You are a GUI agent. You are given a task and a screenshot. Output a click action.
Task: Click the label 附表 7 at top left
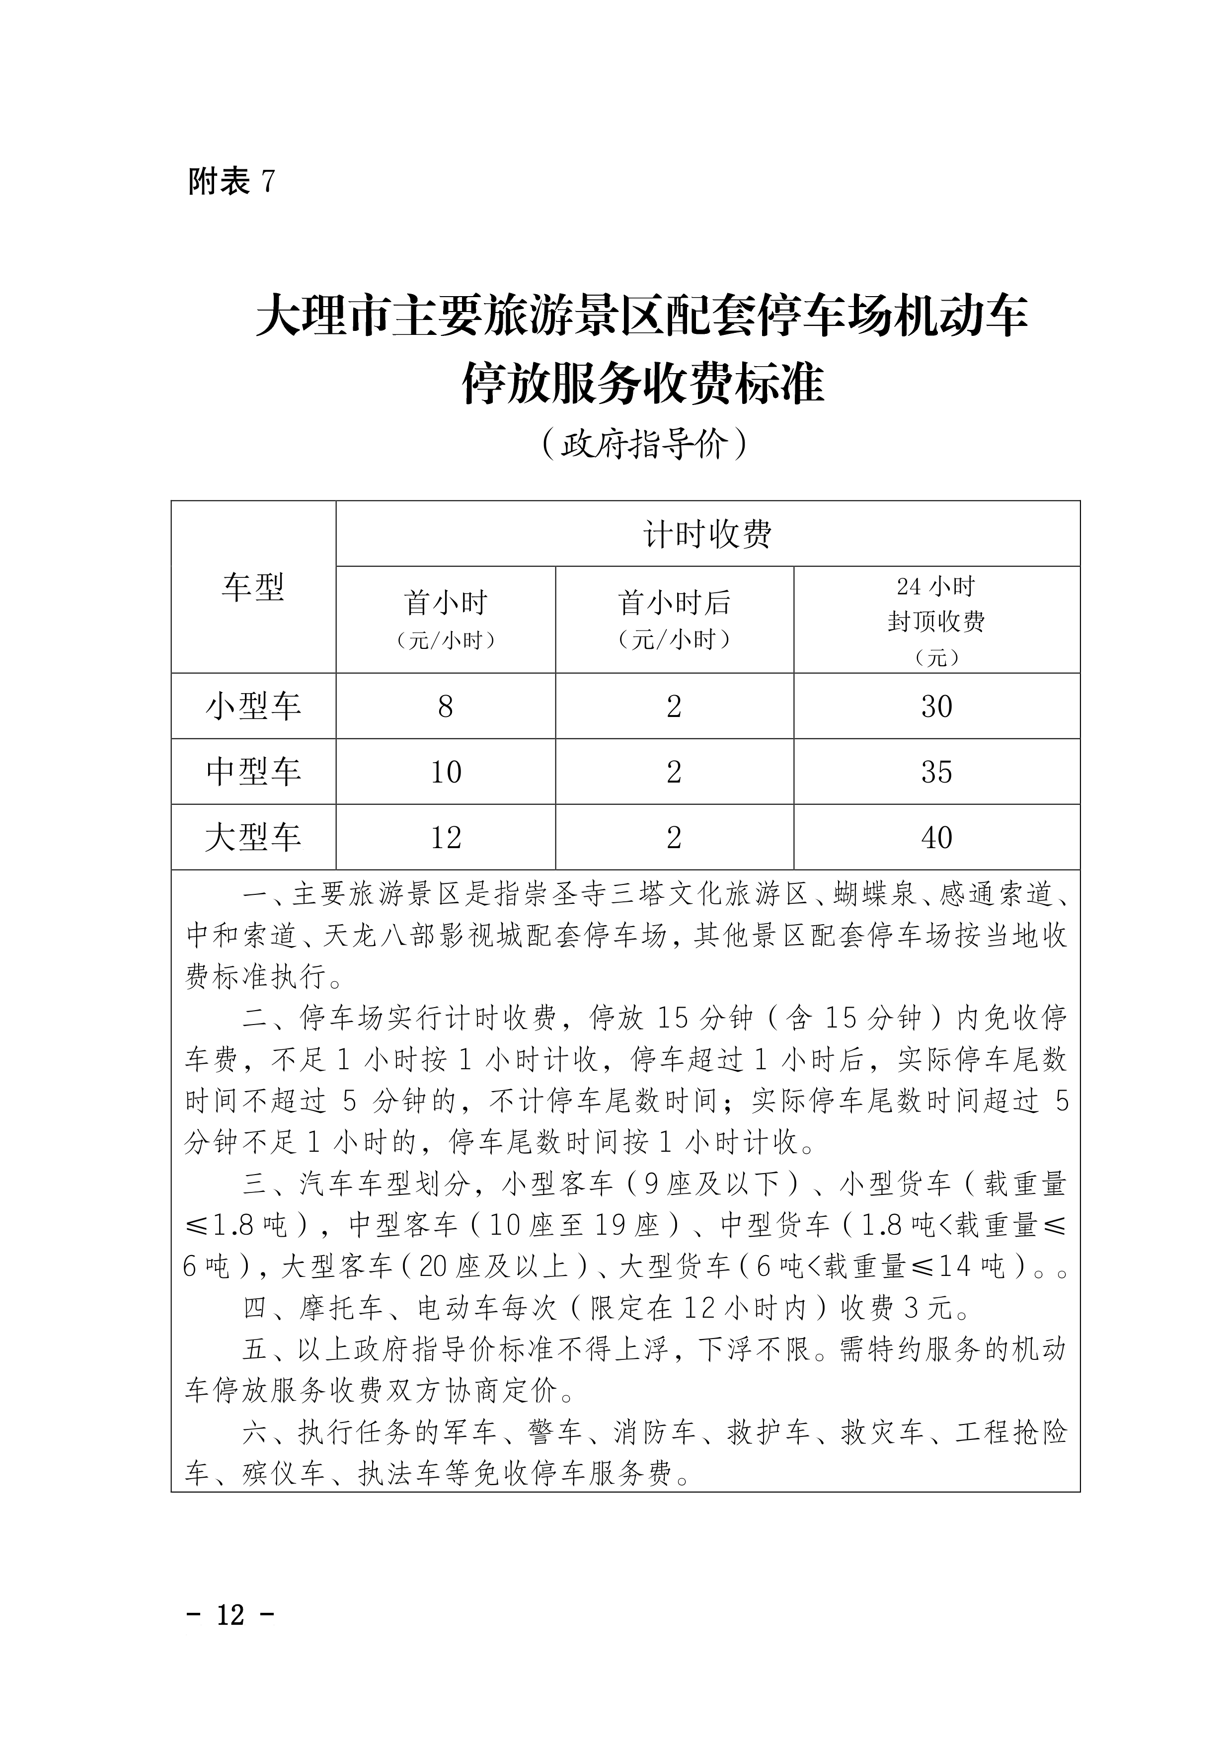pos(231,181)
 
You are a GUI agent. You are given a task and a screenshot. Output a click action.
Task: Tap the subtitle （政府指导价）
pos(646,445)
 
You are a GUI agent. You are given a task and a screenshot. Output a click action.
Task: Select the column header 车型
pos(253,587)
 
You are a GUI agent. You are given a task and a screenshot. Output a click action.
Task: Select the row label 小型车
pos(253,707)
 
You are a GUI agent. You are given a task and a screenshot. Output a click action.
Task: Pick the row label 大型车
pos(253,837)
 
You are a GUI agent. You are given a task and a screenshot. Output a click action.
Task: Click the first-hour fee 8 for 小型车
pos(446,707)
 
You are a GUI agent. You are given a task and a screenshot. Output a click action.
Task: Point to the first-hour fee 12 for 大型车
pos(446,837)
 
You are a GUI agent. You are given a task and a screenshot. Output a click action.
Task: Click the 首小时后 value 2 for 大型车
pos(674,837)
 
